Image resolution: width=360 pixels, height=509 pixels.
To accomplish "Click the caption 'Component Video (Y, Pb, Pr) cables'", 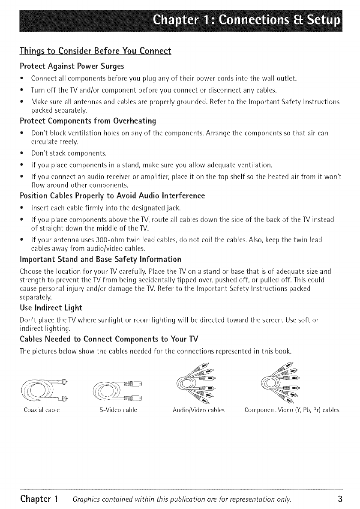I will (x=292, y=410).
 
